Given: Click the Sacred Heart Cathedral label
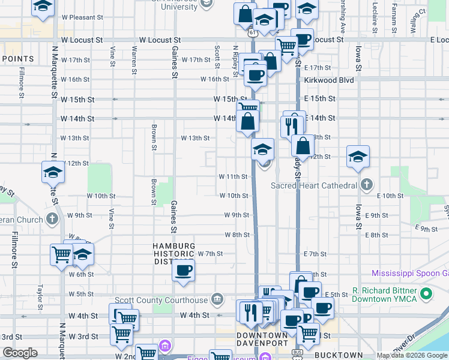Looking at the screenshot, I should pyautogui.click(x=313, y=185).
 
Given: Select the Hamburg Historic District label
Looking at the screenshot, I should pyautogui.click(x=173, y=254).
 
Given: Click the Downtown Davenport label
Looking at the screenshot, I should pyautogui.click(x=262, y=340).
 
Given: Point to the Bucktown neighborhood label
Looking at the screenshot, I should pyautogui.click(x=339, y=355).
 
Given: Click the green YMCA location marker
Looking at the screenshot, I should pyautogui.click(x=426, y=295).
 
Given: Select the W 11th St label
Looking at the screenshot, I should pyautogui.click(x=234, y=176).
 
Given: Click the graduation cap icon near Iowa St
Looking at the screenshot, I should pyautogui.click(x=358, y=157).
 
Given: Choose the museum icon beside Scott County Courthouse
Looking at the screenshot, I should pyautogui.click(x=217, y=299).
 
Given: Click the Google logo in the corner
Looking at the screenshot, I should pyautogui.click(x=20, y=353).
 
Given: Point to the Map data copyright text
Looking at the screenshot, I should pyautogui.click(x=412, y=356).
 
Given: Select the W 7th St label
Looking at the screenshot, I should pyautogui.click(x=211, y=254).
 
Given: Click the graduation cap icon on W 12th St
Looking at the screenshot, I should pyautogui.click(x=53, y=173).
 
